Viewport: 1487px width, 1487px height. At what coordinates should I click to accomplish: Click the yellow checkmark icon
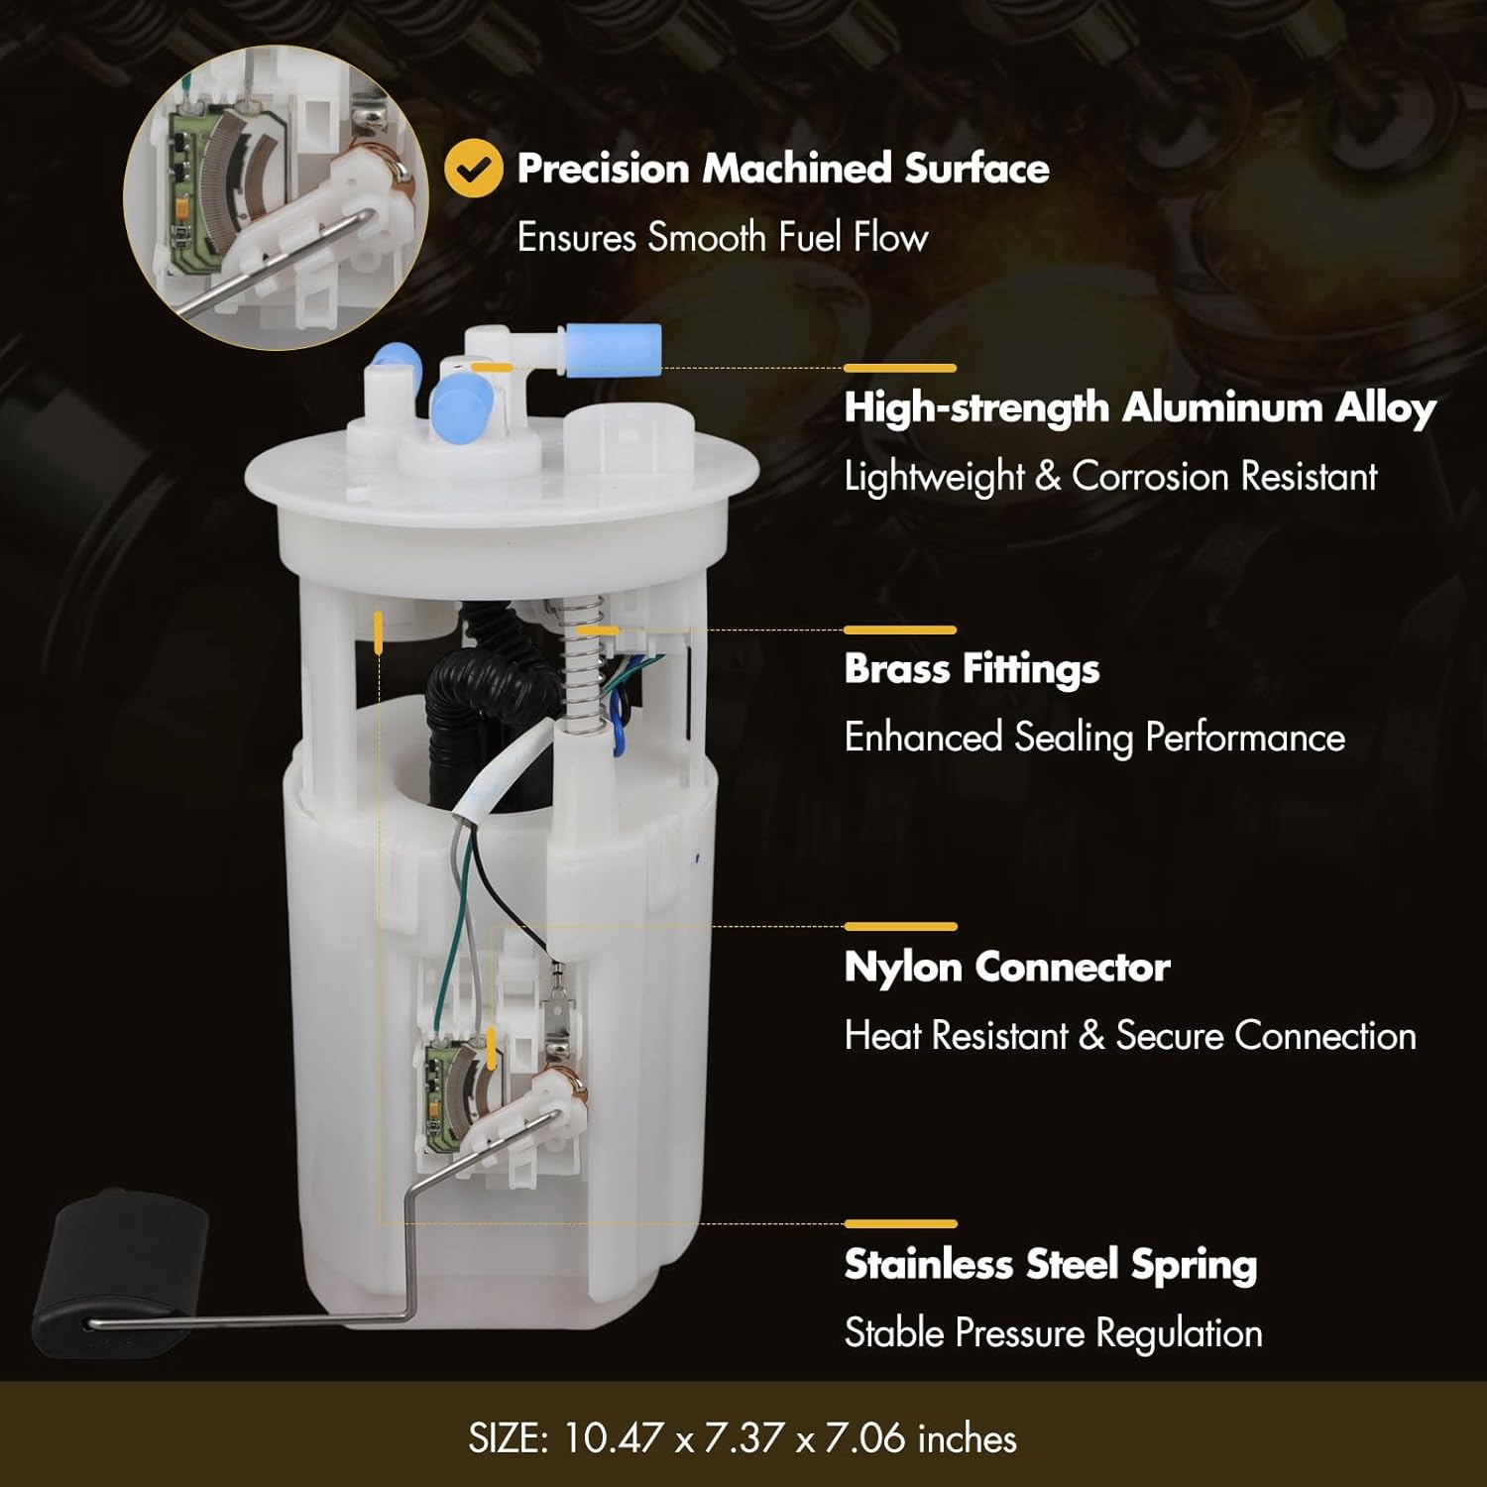pyautogui.click(x=474, y=169)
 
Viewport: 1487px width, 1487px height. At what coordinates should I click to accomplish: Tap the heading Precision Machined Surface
pyautogui.click(x=783, y=169)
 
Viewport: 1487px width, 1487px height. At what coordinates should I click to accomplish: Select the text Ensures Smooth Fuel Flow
pyautogui.click(x=723, y=238)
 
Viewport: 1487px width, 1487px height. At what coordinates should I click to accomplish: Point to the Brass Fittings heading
pyautogui.click(x=972, y=669)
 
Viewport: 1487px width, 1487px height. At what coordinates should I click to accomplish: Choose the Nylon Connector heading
pyautogui.click(x=1007, y=967)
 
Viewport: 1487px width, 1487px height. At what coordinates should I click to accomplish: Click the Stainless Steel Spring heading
pyautogui.click(x=1051, y=1264)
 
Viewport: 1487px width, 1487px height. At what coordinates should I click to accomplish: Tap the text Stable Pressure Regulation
pyautogui.click(x=1053, y=1333)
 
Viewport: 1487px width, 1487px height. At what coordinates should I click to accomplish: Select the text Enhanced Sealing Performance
pyautogui.click(x=1094, y=738)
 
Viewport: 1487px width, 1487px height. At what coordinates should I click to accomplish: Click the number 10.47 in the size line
pyautogui.click(x=613, y=1438)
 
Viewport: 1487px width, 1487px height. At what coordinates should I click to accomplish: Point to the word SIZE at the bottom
pyautogui.click(x=508, y=1438)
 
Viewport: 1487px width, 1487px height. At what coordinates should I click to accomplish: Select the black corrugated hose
pyautogui.click(x=476, y=694)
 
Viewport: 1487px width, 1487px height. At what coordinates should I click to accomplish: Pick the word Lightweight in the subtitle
pyautogui.click(x=934, y=477)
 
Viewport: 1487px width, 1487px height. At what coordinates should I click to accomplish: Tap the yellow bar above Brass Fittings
pyautogui.click(x=900, y=629)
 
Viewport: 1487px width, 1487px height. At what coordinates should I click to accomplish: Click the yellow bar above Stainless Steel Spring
pyautogui.click(x=900, y=1224)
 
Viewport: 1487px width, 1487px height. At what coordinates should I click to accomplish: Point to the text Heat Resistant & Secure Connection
pyautogui.click(x=1130, y=1036)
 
